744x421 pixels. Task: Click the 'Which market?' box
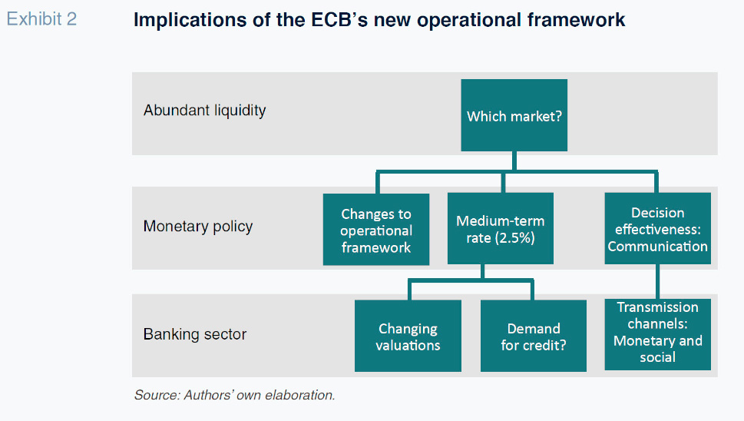pos(514,115)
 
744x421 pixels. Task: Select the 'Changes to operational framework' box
pos(376,229)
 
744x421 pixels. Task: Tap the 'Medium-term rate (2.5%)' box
pos(501,228)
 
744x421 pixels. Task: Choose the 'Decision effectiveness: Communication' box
pos(658,228)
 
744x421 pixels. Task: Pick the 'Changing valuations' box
pos(408,336)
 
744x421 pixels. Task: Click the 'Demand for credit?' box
pos(534,336)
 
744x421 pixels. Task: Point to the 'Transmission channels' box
pos(658,334)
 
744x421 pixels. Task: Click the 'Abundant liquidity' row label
pos(204,111)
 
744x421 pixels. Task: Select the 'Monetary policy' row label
pos(198,227)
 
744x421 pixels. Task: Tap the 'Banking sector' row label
pos(194,334)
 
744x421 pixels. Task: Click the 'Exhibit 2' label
pos(41,19)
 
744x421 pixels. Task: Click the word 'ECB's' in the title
pos(339,20)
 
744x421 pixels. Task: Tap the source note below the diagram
pos(235,395)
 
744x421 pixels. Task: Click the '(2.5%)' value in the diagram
pos(515,238)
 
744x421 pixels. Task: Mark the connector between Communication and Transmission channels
pos(658,281)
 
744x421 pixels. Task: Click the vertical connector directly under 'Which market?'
pos(514,161)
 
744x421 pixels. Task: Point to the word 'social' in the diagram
pos(658,357)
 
